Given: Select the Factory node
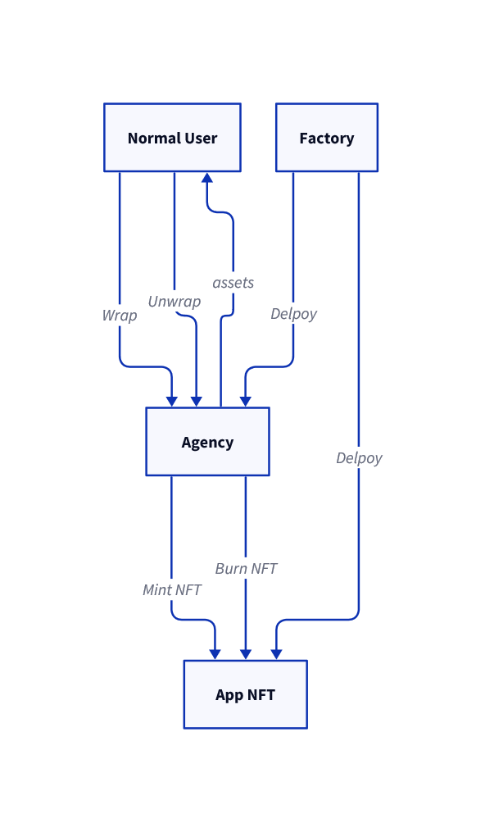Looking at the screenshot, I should pos(326,138).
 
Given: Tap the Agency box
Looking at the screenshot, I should pos(207,442).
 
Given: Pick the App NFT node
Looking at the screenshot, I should pos(245,694).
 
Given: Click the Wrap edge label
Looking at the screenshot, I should pos(120,316).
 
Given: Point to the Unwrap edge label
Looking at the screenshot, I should pos(175,302).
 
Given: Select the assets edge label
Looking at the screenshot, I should pos(233,283).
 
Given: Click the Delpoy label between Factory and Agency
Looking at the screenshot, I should pos(293,314).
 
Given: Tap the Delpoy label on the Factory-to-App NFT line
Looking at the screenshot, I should pos(359,458).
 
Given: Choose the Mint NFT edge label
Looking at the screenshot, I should pos(172,589).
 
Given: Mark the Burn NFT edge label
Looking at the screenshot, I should pos(246,568).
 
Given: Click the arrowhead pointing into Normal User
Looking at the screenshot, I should pos(207,177).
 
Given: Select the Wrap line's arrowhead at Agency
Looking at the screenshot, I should pos(171,401).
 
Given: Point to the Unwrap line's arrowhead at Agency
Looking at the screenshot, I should pos(196,401).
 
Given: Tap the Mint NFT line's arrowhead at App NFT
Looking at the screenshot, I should pos(215,653).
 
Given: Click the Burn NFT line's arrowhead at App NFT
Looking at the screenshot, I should pos(246,653).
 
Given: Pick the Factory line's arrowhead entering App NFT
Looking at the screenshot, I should pos(276,653).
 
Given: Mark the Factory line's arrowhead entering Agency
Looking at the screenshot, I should pos(245,401).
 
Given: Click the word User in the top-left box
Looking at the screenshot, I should pos(201,138).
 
